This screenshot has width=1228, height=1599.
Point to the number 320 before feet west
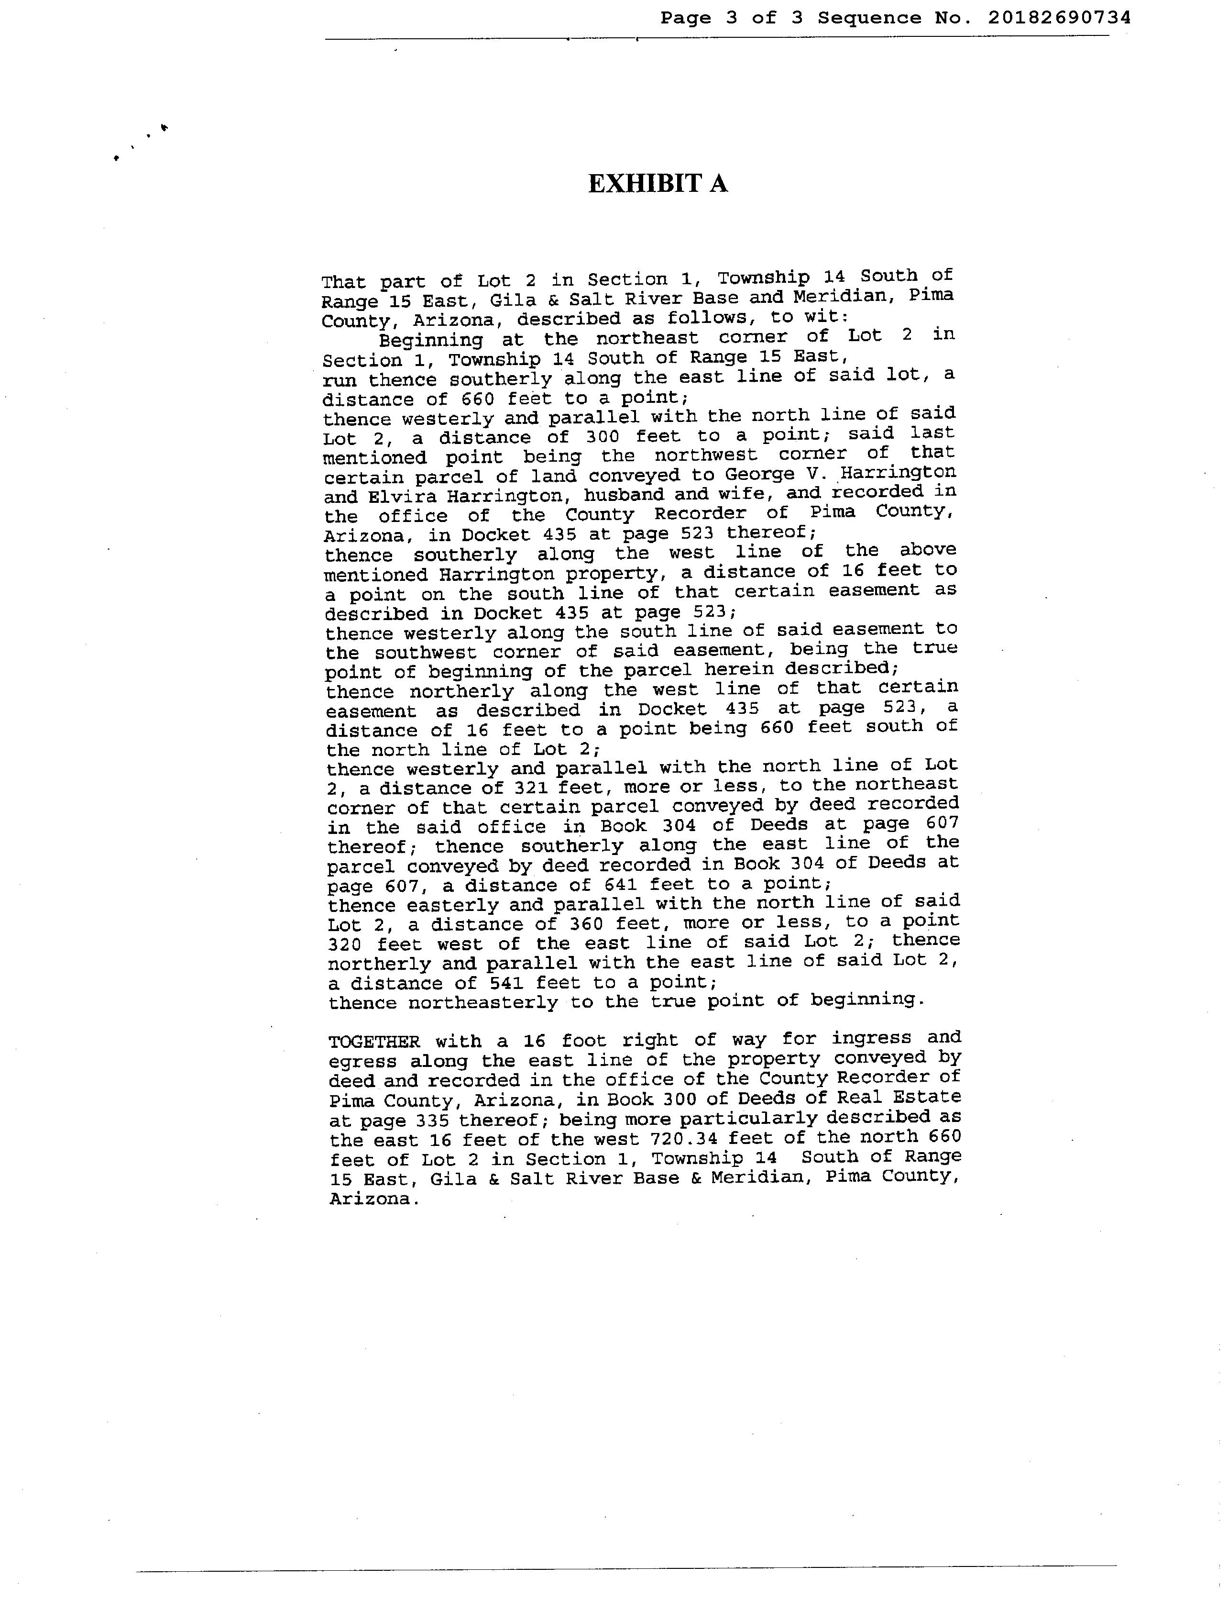349,944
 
